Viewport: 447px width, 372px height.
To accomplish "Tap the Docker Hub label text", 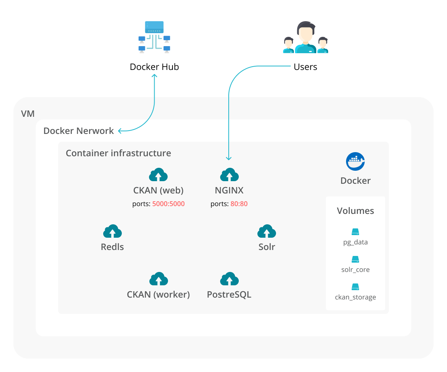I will click(x=154, y=67).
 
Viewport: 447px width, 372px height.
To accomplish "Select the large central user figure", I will click(x=305, y=37).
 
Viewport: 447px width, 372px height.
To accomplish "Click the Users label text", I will click(x=305, y=67).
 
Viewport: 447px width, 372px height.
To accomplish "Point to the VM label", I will click(x=28, y=113).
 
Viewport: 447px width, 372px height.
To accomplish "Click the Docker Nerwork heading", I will click(x=79, y=131).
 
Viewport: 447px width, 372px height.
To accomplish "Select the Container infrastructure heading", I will click(x=118, y=153).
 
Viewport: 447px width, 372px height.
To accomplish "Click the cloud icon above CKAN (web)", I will click(x=158, y=175).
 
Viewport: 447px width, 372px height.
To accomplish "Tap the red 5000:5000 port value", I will click(x=168, y=204).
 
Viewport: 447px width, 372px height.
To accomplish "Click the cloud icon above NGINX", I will click(x=229, y=175).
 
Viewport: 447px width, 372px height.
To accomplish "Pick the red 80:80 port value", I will click(x=239, y=204).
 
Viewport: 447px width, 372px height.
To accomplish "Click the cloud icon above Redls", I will click(x=112, y=231).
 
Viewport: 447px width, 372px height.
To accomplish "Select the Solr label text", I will click(x=267, y=247).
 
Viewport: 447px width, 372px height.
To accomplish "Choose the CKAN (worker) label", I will click(x=158, y=295).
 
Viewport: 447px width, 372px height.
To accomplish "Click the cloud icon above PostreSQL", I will click(x=229, y=279).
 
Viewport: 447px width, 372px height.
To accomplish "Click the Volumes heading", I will click(x=355, y=211).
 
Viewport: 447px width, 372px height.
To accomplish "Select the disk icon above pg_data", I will click(x=355, y=232).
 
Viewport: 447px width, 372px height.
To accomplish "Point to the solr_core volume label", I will click(x=355, y=270).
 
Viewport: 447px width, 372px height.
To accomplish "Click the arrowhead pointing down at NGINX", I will click(x=229, y=158).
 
